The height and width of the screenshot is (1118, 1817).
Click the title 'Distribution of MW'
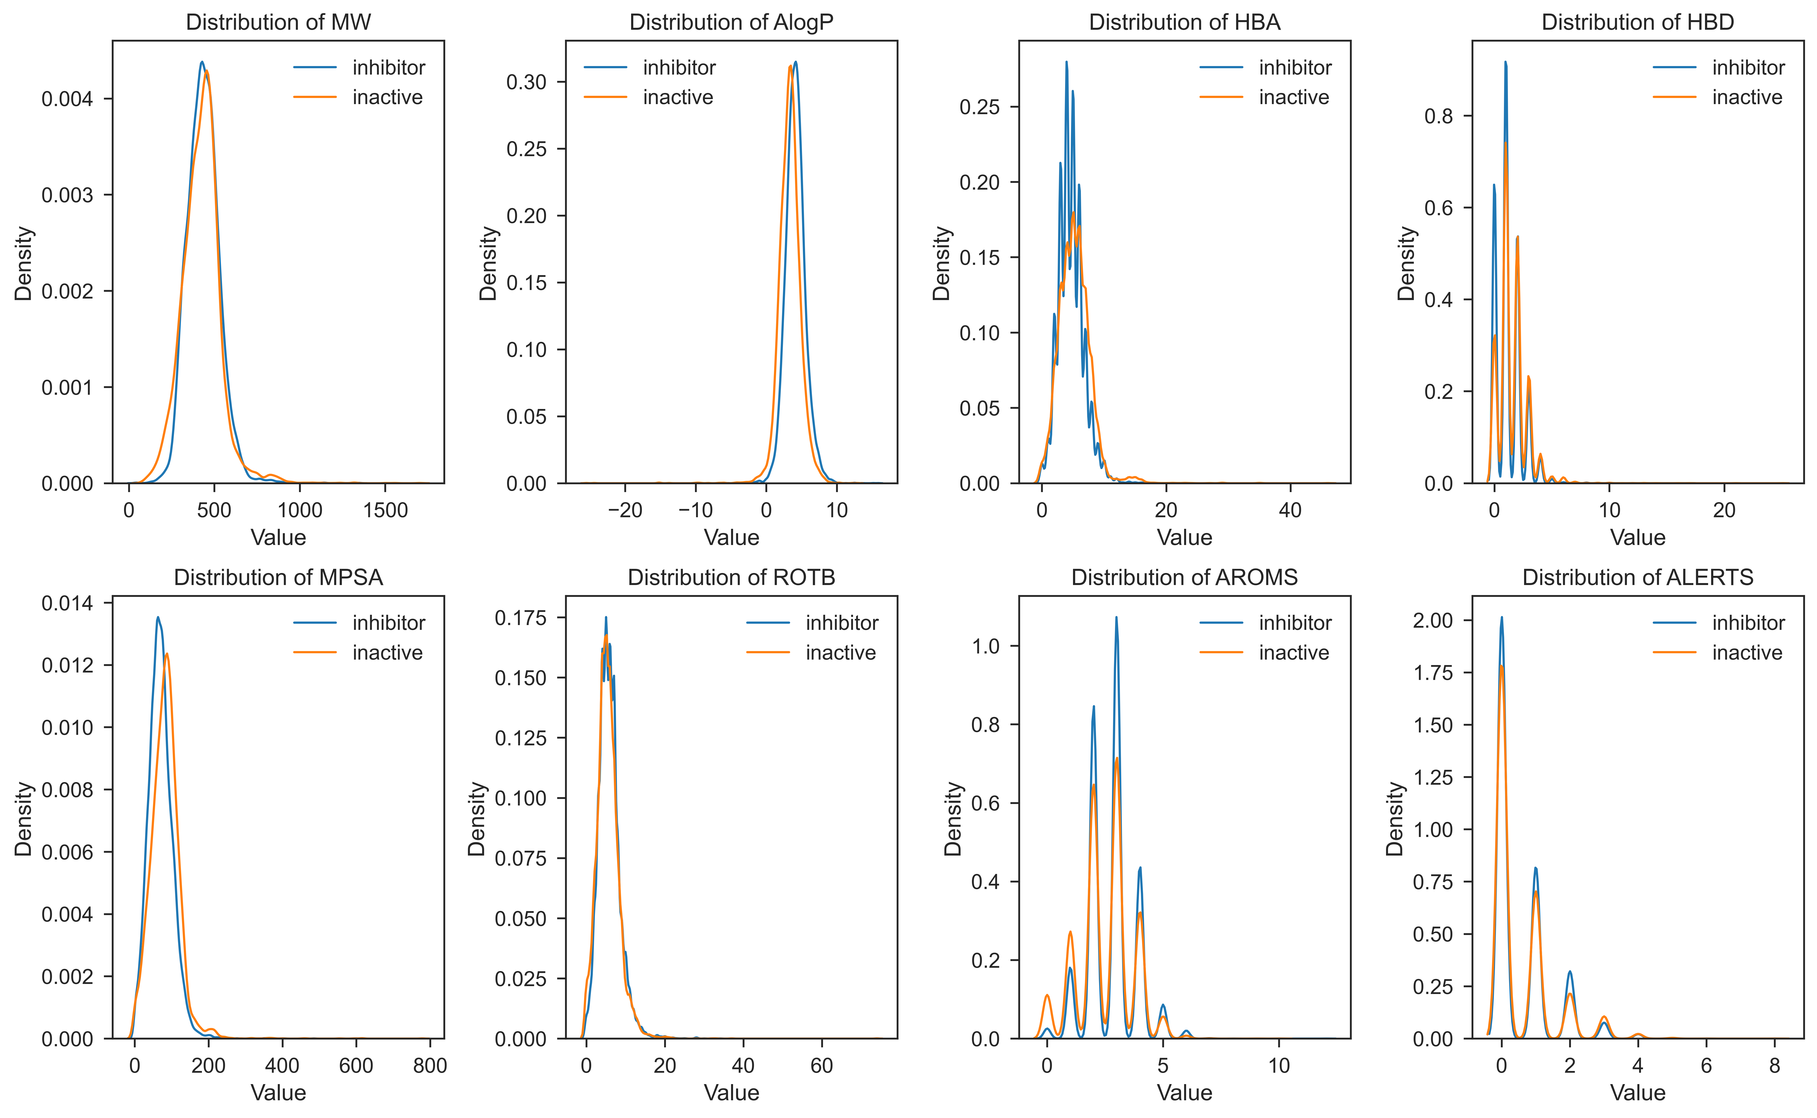pos(278,22)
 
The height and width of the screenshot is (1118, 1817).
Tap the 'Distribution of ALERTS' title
pos(1637,578)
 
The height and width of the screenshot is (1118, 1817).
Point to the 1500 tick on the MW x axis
pos(385,510)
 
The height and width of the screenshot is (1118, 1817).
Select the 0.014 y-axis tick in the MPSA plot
pos(67,603)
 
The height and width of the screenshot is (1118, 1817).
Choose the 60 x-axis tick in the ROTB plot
pos(822,1066)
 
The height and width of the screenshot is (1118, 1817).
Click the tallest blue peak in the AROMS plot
pos(1116,617)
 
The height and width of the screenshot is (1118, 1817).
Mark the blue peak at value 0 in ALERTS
pos(1501,617)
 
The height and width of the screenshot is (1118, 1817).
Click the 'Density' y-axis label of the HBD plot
pos(1406,263)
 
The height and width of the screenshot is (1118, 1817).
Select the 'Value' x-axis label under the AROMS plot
pos(1184,1093)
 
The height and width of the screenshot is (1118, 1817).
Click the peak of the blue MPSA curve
pos(158,617)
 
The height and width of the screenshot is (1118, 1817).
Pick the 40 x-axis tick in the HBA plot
pos(1290,510)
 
